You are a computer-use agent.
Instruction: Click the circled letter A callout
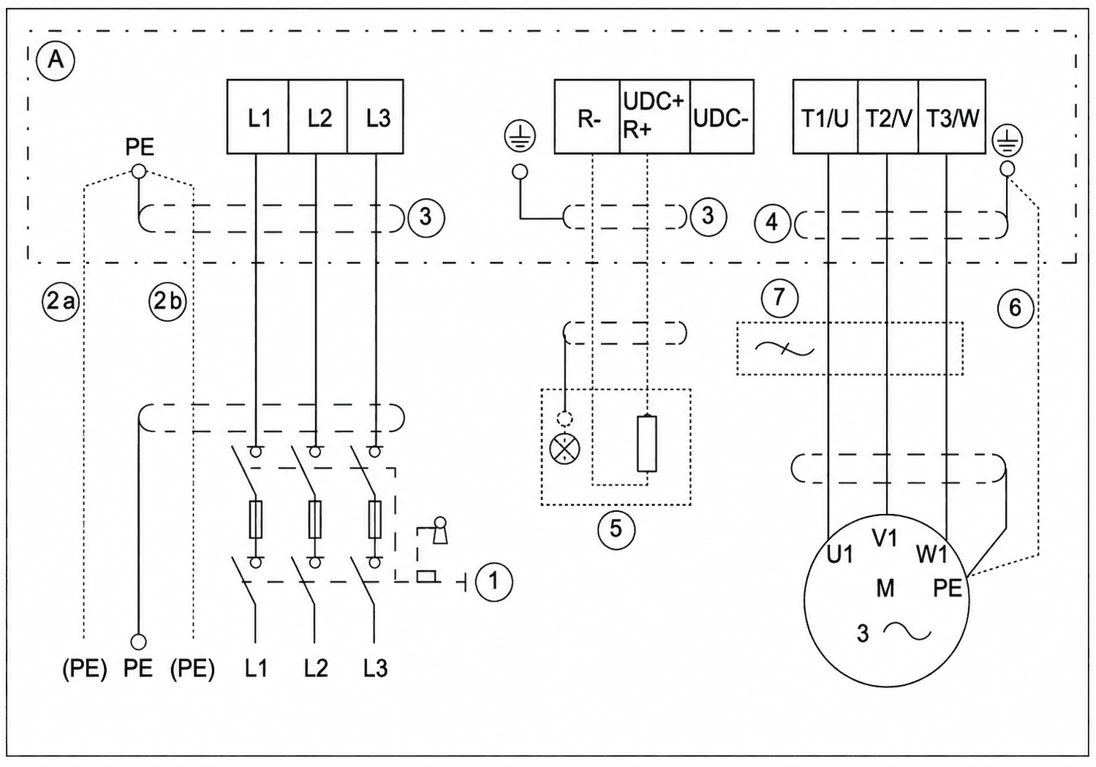coord(56,61)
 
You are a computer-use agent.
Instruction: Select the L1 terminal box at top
coord(258,117)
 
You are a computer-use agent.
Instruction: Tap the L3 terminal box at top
coord(376,117)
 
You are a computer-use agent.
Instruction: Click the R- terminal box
coord(587,117)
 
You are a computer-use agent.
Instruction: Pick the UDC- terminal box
coord(722,117)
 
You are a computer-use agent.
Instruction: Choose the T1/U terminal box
coord(825,117)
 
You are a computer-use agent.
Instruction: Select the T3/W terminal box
coord(952,117)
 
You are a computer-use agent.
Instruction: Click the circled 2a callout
coord(61,302)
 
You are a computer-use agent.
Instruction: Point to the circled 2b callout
coord(168,302)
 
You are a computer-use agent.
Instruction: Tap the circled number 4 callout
coord(772,223)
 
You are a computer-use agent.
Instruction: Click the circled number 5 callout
coord(616,529)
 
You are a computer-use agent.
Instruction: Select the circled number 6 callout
coord(1016,308)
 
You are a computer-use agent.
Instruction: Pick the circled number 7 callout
coord(779,297)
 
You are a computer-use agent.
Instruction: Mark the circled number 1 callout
coord(494,581)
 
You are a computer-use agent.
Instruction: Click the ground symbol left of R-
coord(520,136)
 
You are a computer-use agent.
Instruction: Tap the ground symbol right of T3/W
coord(1007,141)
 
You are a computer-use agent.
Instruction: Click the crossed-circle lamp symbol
coord(564,448)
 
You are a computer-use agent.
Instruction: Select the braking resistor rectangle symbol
coord(647,444)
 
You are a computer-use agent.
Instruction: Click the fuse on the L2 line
coord(316,519)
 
